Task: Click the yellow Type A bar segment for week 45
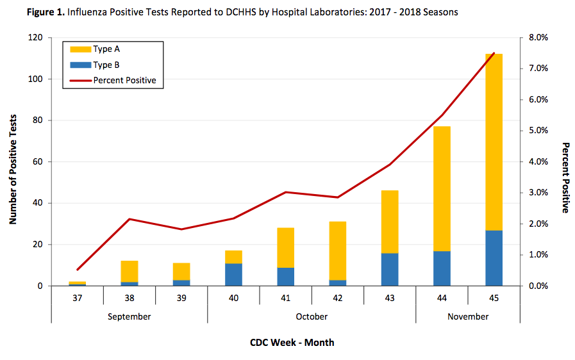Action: pyautogui.click(x=494, y=142)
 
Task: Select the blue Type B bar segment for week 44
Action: pyautogui.click(x=442, y=268)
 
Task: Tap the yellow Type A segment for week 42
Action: pyautogui.click(x=338, y=250)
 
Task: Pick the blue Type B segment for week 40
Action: pyautogui.click(x=234, y=274)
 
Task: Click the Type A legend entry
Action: pyautogui.click(x=106, y=49)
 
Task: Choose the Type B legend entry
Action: pyautogui.click(x=106, y=65)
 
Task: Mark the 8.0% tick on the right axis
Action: pyautogui.click(x=537, y=38)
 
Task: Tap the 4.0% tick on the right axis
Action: pyautogui.click(x=537, y=162)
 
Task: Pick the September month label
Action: pyautogui.click(x=129, y=316)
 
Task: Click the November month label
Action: pyautogui.click(x=468, y=316)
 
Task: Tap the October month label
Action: pyautogui.click(x=312, y=316)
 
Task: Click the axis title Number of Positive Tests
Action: pyautogui.click(x=13, y=161)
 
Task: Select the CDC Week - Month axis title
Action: pyautogui.click(x=292, y=342)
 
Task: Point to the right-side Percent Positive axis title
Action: pyautogui.click(x=566, y=177)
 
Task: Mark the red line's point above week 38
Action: pyautogui.click(x=129, y=219)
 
